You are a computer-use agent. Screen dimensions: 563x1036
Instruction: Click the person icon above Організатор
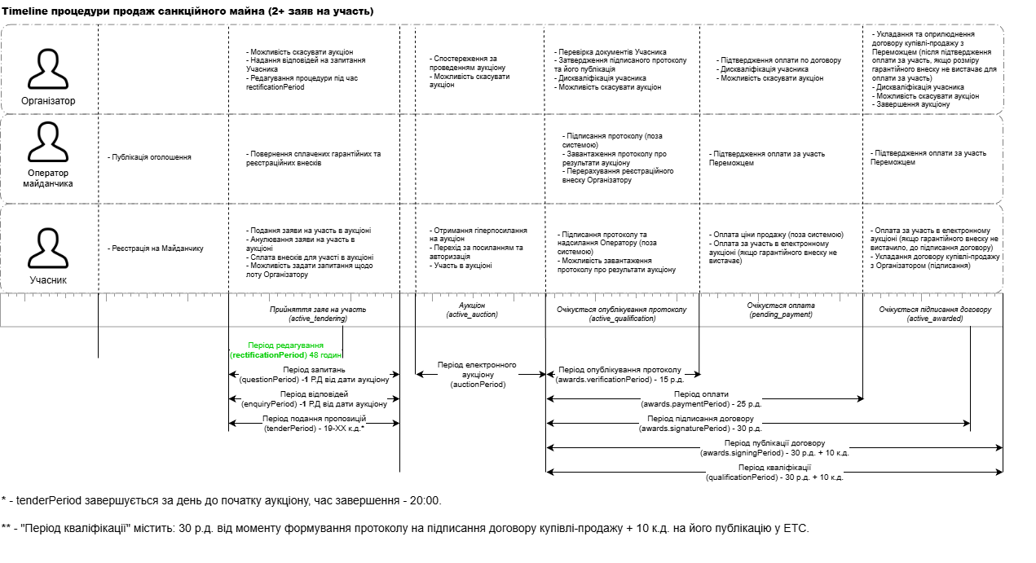(48, 68)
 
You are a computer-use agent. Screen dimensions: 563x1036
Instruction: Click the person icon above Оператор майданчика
(48, 142)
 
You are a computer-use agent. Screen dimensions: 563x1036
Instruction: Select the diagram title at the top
(187, 11)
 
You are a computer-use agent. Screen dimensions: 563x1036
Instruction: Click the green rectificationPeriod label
(286, 350)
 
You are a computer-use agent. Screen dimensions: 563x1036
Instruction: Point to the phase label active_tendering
(318, 314)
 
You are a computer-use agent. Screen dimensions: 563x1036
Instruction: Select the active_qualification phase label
(622, 314)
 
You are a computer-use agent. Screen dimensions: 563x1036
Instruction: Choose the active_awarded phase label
(934, 314)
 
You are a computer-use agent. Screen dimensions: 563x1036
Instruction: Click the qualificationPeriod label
(774, 473)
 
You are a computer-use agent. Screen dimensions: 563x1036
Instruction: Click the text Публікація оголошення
(150, 156)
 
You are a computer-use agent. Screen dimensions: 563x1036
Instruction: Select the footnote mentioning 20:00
(222, 500)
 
